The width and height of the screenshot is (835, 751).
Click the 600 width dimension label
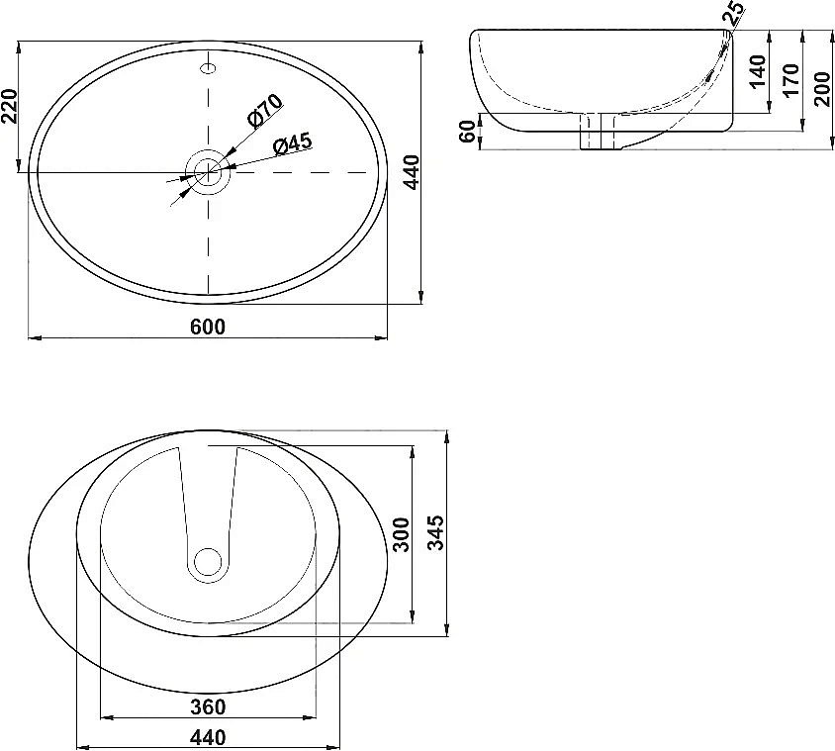[x=208, y=327]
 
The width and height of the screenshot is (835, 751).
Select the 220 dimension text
[x=10, y=106]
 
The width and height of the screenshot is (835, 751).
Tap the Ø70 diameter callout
[x=265, y=111]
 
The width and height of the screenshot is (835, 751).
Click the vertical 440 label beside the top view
[x=412, y=172]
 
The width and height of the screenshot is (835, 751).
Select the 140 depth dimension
[x=757, y=71]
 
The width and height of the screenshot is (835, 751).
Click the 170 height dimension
[x=791, y=80]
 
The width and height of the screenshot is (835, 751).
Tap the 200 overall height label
[x=822, y=89]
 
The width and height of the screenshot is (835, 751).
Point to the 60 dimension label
[x=467, y=131]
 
